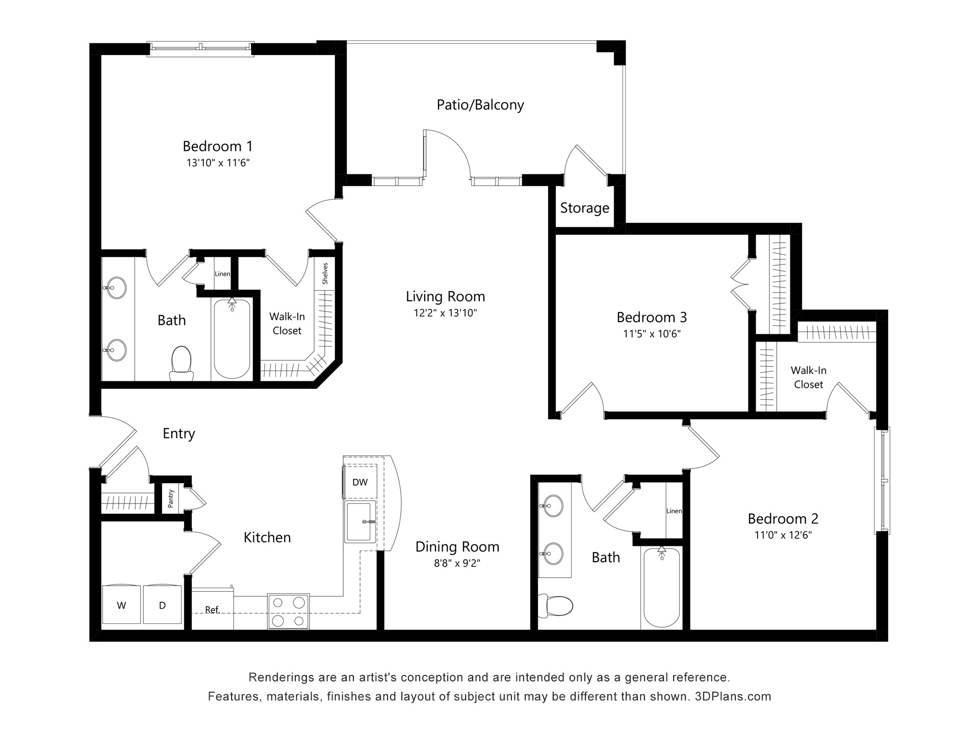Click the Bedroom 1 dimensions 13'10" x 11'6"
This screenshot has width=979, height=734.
(x=218, y=163)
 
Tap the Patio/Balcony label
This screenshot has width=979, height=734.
(x=480, y=105)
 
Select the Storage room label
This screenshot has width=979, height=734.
(x=585, y=208)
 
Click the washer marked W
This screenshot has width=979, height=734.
(x=121, y=605)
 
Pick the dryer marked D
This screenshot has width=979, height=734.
(x=162, y=605)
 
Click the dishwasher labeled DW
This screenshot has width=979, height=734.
(x=360, y=482)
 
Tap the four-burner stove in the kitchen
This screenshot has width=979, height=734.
(x=289, y=612)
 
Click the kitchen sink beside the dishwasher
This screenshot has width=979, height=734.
(x=360, y=521)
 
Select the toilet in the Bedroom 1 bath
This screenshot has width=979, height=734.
(x=181, y=363)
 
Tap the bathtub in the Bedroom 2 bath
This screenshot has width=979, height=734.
(x=661, y=588)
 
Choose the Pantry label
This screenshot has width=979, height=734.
(x=171, y=499)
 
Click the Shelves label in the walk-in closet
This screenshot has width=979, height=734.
(x=325, y=274)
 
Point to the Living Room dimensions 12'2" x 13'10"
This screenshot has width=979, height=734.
(x=445, y=313)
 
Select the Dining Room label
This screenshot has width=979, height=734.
(x=457, y=547)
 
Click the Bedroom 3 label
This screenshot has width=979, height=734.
(x=652, y=318)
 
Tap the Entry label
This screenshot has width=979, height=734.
(x=179, y=433)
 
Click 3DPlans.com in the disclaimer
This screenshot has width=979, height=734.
(x=733, y=696)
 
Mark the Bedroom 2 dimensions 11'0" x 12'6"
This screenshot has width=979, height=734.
(x=783, y=535)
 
